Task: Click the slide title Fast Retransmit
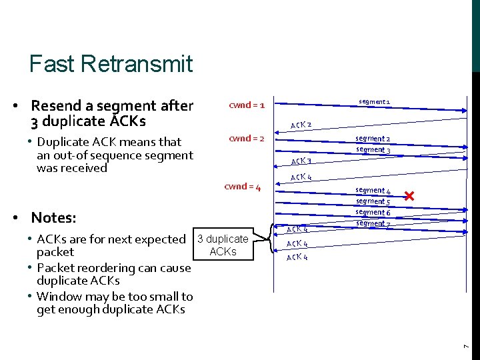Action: coord(111,64)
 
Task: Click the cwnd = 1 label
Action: coord(247,105)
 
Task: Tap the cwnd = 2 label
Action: coord(247,138)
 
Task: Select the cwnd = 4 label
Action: coord(242,187)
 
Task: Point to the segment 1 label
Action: coord(374,102)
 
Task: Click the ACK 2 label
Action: coord(301,125)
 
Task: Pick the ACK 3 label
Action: coord(301,161)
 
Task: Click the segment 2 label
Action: coord(373,139)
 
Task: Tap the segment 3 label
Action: coord(373,149)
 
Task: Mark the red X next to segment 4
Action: coord(409,196)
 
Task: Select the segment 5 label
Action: coord(373,201)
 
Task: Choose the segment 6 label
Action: coord(373,212)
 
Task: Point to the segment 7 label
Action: coord(373,223)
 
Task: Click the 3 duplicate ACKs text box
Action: coord(223,245)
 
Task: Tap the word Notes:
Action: coord(53,218)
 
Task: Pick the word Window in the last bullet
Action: coord(61,297)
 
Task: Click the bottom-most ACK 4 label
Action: coord(297,257)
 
